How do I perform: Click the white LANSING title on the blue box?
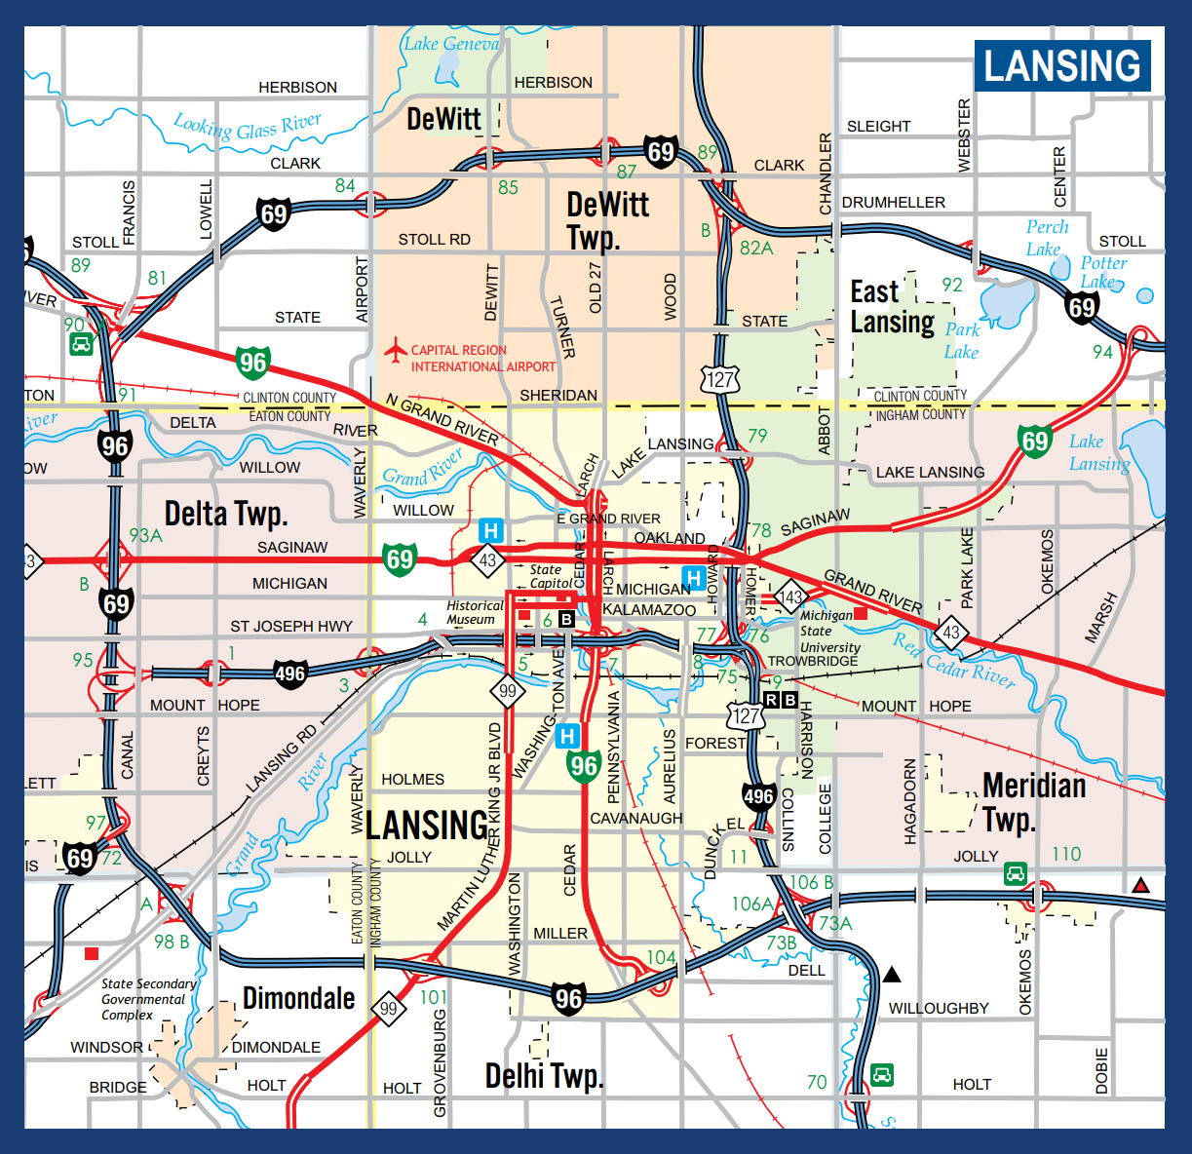point(1062,66)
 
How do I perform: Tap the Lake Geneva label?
point(451,44)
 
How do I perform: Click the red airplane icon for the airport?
point(395,350)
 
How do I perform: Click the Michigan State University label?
point(829,631)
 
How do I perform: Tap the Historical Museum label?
point(475,612)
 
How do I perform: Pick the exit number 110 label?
point(1066,854)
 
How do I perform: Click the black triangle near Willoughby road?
point(892,975)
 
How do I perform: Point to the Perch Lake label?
point(1046,237)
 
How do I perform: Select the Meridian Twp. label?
point(1033,801)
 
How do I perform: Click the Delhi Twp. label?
point(545,1075)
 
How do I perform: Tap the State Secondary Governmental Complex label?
point(147,999)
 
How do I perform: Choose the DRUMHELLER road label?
point(893,203)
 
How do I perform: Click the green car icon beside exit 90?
point(81,344)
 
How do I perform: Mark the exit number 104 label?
point(662,957)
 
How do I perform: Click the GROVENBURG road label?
point(440,1063)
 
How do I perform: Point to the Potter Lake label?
point(1102,272)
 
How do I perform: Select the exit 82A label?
point(756,248)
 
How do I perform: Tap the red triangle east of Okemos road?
point(1141,886)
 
